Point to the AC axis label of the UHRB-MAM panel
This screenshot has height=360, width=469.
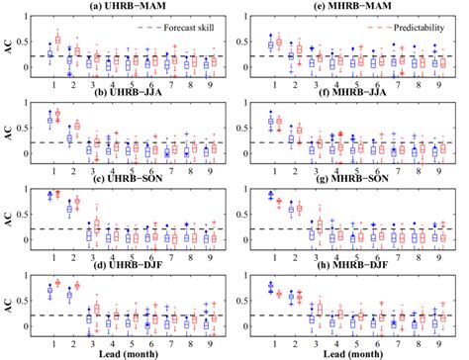pyautogui.click(x=10, y=47)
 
